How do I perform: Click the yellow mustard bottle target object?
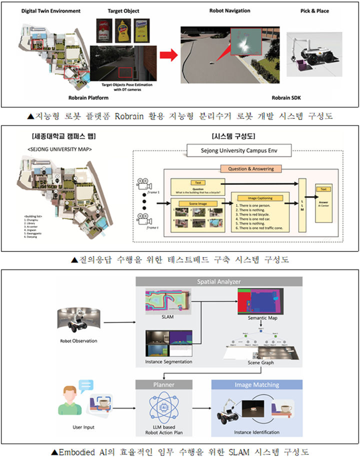point(121,30)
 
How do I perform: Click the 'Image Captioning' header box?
point(258,198)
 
